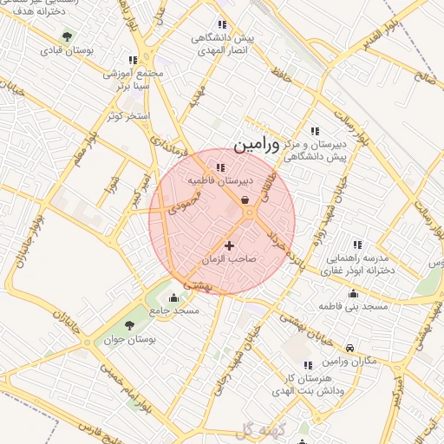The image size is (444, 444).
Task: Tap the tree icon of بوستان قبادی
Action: pyautogui.click(x=68, y=36)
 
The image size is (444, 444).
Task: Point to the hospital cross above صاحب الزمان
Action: pyautogui.click(x=229, y=246)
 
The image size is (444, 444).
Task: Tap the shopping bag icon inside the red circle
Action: pyautogui.click(x=245, y=200)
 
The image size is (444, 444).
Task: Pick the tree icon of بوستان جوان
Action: pyautogui.click(x=129, y=325)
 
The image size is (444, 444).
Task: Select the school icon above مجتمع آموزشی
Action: pyautogui.click(x=132, y=60)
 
